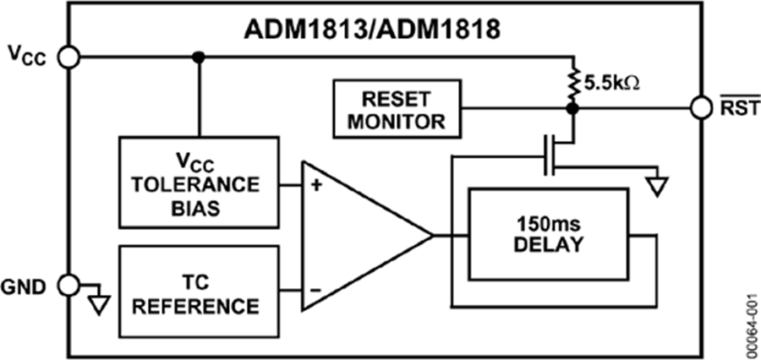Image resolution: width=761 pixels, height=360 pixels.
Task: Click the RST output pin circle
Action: click(x=700, y=108)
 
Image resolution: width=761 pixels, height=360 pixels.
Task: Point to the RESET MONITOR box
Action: click(x=397, y=108)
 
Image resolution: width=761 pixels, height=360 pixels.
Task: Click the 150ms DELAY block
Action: click(x=550, y=235)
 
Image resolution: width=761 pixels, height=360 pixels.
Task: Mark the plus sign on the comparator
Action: click(x=315, y=183)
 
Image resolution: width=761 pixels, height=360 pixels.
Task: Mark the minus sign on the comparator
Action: click(x=315, y=290)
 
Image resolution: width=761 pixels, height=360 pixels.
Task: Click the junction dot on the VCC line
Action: click(x=199, y=57)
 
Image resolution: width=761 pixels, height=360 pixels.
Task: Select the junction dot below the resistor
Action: click(x=572, y=108)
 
